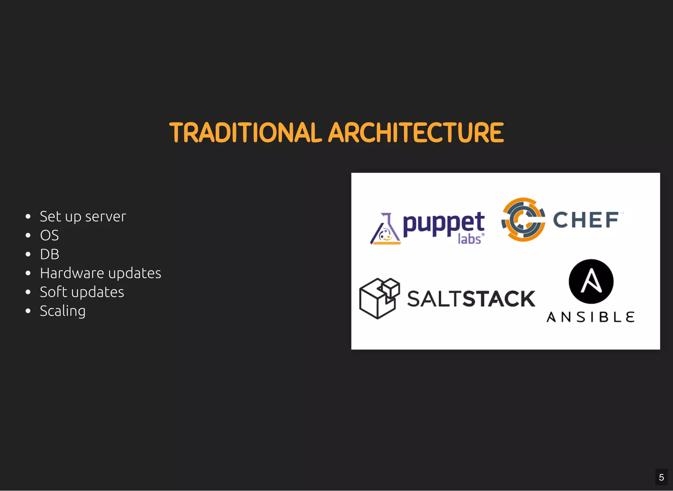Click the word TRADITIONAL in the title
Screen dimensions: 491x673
tap(245, 133)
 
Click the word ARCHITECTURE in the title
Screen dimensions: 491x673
tap(416, 133)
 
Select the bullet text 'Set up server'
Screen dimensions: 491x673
tap(83, 216)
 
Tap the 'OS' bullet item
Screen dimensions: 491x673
tap(49, 235)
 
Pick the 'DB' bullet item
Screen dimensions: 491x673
tap(50, 254)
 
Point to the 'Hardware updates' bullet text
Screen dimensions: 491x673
tap(101, 273)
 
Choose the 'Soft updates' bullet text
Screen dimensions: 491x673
tap(82, 292)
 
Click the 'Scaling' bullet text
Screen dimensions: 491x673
tap(62, 311)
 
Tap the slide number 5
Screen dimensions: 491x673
tap(661, 477)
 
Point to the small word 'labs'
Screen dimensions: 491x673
tap(470, 239)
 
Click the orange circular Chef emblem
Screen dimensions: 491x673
tap(523, 219)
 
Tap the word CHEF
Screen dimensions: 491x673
tap(586, 220)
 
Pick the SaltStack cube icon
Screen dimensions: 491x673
tap(379, 298)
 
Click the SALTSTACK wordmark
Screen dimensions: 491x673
tap(471, 299)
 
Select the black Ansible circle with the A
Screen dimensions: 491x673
tap(591, 281)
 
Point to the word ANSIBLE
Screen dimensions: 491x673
tap(590, 317)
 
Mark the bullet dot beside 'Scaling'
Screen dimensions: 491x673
tap(28, 311)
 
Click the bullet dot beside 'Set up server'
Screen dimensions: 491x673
tap(28, 216)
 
